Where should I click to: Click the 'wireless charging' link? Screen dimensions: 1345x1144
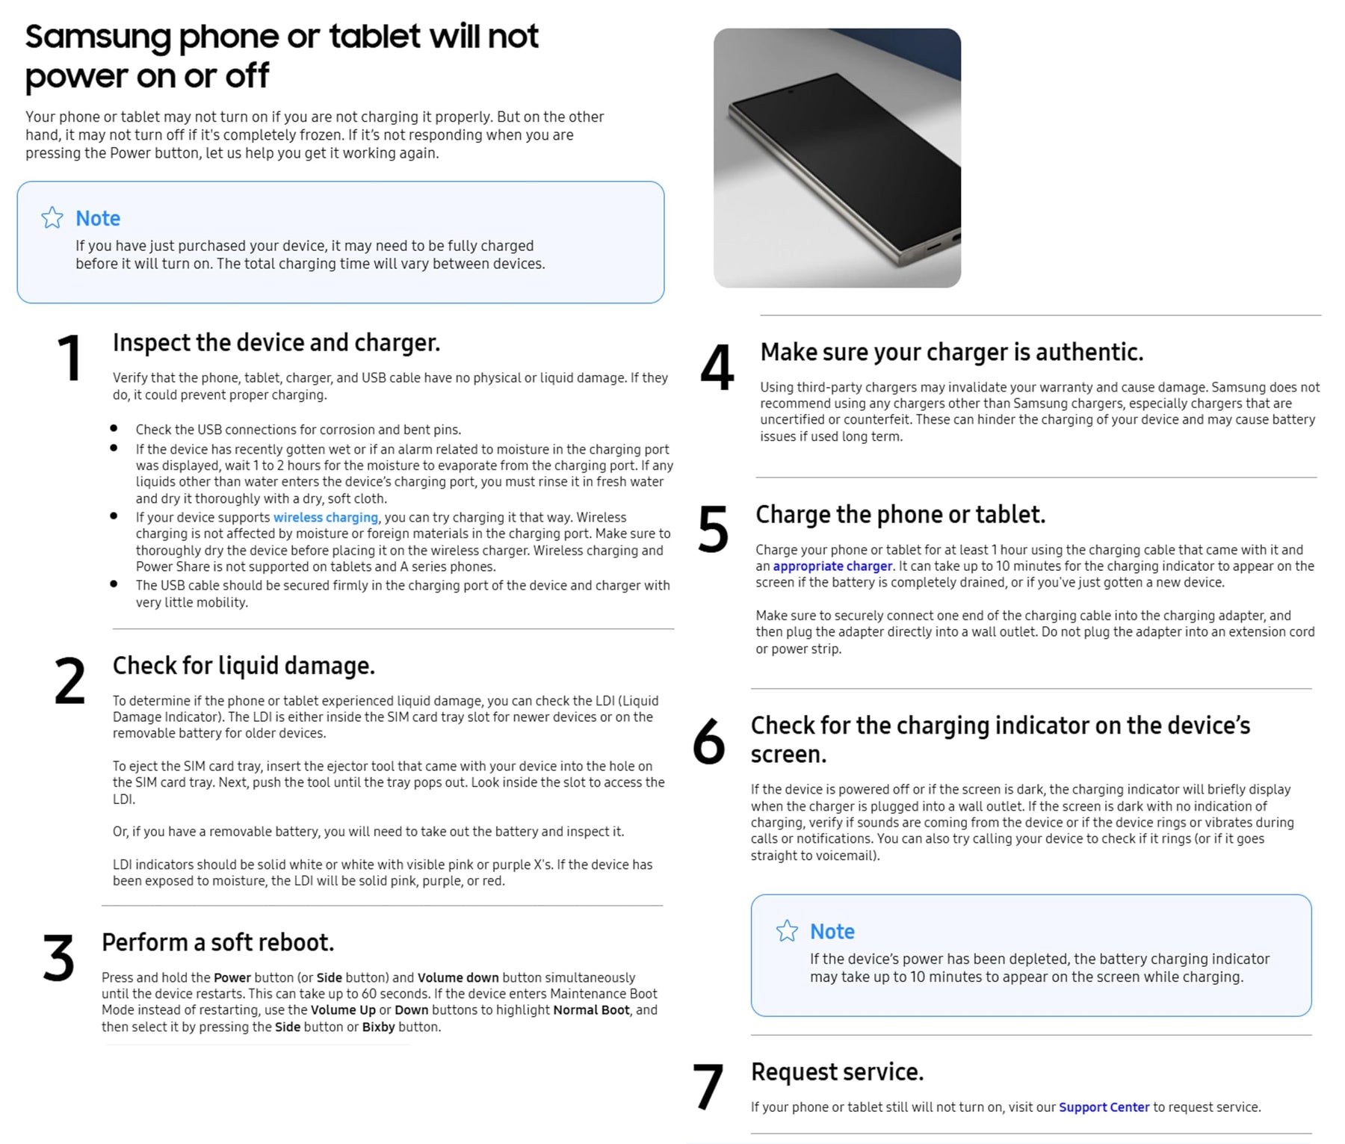tap(326, 517)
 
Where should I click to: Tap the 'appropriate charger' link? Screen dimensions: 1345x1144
tap(832, 566)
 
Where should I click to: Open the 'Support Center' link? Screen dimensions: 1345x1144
tap(1104, 1107)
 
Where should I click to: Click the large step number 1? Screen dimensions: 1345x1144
tap(69, 358)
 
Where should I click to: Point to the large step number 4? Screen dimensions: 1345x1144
tap(717, 367)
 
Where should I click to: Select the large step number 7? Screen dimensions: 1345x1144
tap(708, 1086)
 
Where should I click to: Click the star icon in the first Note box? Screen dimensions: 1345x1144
tap(52, 217)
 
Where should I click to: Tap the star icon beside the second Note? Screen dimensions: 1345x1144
tap(787, 930)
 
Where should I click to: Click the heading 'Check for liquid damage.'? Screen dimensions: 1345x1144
tap(244, 666)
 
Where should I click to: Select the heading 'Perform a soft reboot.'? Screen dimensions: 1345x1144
tap(217, 942)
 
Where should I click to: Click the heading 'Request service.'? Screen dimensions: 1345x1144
tap(837, 1072)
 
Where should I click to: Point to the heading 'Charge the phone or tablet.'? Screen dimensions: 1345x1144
tap(900, 514)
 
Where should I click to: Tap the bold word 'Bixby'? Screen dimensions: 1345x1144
tap(379, 1027)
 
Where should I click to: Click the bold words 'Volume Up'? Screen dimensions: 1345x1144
tap(343, 1010)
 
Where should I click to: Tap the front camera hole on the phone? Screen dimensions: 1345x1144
tap(790, 93)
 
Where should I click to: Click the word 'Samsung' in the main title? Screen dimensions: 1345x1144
tap(98, 37)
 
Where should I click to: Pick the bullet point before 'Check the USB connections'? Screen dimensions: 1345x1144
tap(114, 429)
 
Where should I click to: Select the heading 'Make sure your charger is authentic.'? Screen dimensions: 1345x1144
tap(952, 352)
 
